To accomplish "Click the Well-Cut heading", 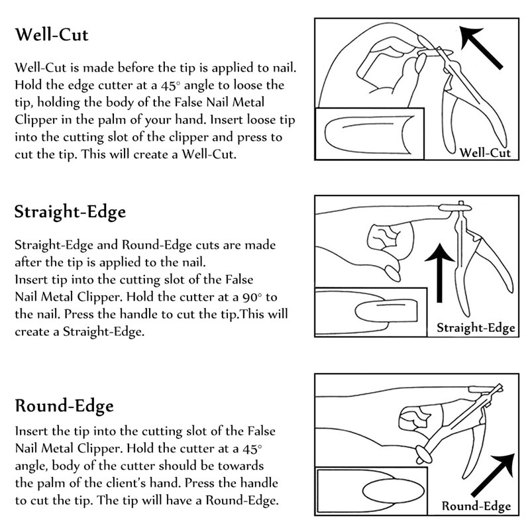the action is pos(52,35).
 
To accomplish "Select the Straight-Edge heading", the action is pos(70,212).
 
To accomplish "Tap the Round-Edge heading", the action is pos(64,406).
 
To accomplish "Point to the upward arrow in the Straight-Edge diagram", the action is pos(439,272).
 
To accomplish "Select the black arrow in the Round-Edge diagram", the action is pos(493,475).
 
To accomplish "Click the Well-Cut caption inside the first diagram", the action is pos(485,153).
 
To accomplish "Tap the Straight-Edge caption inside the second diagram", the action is pos(476,327).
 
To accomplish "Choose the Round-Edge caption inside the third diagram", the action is pos(476,506).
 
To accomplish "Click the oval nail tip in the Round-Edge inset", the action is pos(393,492).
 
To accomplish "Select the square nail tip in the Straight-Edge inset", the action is pos(386,311).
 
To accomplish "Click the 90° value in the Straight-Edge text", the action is pos(252,297).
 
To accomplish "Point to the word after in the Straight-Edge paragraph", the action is pos(26,262).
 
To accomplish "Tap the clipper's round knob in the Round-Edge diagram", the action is pos(423,454).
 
